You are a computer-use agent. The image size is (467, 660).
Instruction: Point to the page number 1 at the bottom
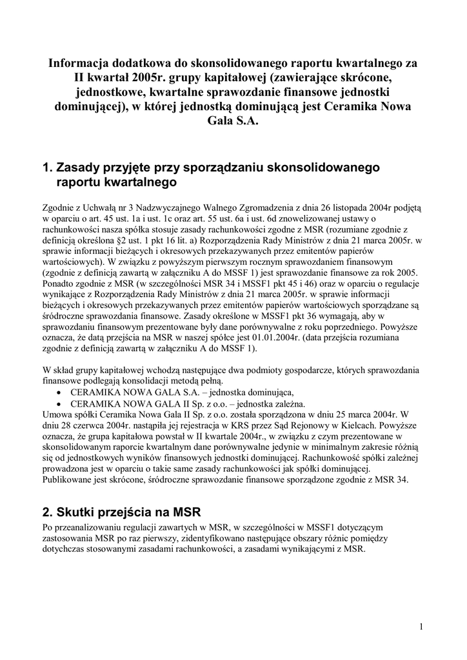click(x=421, y=626)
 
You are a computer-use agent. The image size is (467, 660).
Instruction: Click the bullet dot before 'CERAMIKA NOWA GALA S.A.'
click(x=60, y=393)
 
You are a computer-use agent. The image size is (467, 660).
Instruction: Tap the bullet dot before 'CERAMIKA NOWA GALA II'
click(x=60, y=403)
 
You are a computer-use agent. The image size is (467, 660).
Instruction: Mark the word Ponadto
click(x=59, y=284)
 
